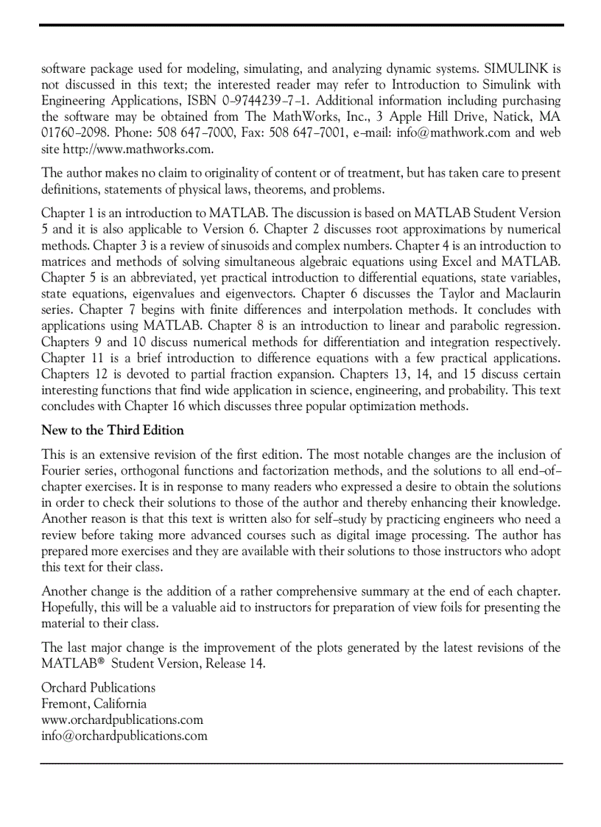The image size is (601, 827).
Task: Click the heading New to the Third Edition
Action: [x=113, y=430]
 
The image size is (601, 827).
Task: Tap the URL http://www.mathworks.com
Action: [x=138, y=149]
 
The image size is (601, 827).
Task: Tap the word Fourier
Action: [x=63, y=471]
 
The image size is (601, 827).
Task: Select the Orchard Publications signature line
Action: [x=98, y=688]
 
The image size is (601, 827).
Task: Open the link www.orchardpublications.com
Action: [x=122, y=720]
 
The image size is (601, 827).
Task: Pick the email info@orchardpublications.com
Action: [x=124, y=736]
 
